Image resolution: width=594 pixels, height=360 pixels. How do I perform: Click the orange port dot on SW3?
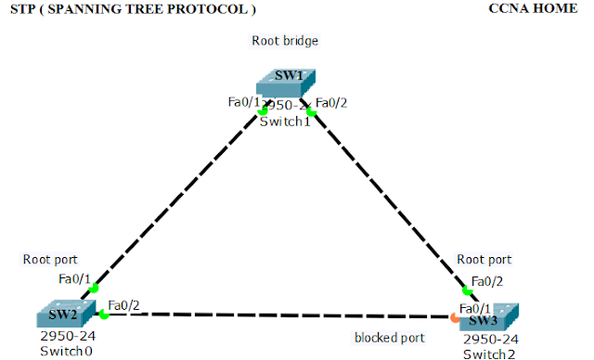click(x=454, y=318)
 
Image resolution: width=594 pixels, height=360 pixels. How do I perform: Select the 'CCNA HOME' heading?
click(x=538, y=8)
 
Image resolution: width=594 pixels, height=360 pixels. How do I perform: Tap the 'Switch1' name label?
click(x=286, y=122)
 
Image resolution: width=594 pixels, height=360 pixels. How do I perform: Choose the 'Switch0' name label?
click(x=61, y=353)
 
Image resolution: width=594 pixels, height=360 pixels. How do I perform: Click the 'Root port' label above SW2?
click(x=50, y=260)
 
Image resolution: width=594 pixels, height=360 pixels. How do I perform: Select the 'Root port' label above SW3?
click(x=484, y=260)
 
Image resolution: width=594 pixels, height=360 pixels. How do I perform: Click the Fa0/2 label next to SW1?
click(x=331, y=102)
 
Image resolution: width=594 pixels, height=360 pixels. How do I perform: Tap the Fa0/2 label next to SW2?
click(x=124, y=304)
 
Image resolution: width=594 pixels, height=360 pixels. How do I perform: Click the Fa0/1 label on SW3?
click(x=476, y=308)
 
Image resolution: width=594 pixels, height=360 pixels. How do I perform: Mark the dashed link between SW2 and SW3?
click(x=278, y=315)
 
